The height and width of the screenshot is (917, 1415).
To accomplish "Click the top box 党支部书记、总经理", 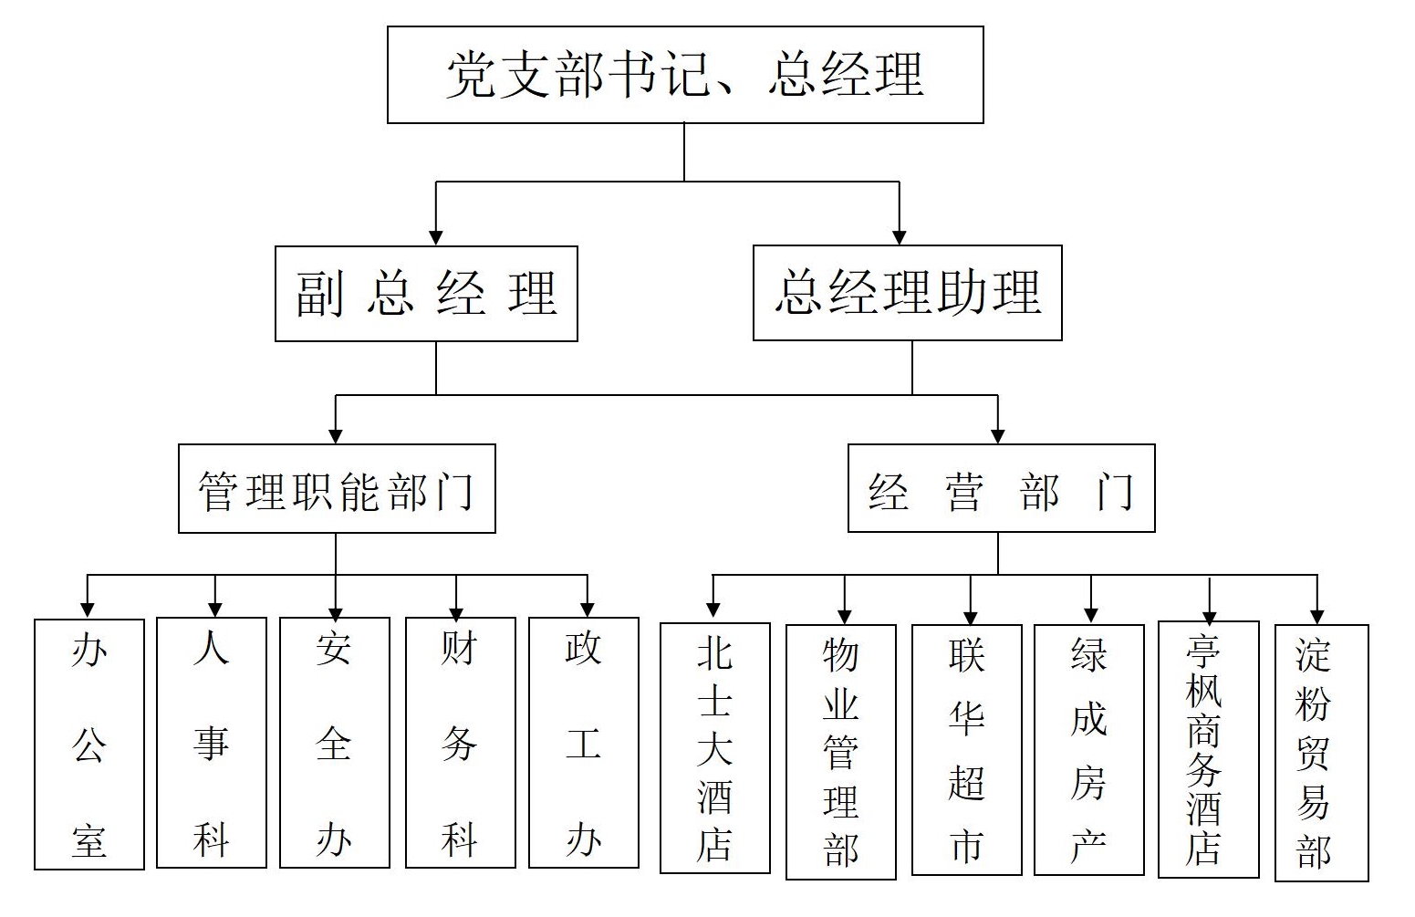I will point(685,75).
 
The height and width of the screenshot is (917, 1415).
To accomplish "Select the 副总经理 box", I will point(426,294).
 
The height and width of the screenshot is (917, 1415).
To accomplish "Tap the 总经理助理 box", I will point(907,293).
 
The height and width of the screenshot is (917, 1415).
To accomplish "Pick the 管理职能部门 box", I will point(337,489).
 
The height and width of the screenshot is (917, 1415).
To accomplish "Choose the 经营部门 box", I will point(1001,488).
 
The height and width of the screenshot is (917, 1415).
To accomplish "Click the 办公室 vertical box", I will point(89,744).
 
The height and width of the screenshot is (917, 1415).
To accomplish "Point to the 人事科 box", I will point(212,743).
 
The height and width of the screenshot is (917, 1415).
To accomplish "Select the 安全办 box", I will point(334,743).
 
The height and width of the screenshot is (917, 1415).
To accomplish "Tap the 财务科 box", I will point(460,743).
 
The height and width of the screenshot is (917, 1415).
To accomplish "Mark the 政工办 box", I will point(583,743).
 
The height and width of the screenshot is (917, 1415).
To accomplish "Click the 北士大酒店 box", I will point(714,748).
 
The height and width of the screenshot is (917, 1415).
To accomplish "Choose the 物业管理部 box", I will point(840,752).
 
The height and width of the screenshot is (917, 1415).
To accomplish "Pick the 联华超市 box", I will point(966,750).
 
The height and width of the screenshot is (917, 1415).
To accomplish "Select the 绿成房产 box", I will point(1088,750).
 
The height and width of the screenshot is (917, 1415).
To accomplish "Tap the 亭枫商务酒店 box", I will point(1208,749).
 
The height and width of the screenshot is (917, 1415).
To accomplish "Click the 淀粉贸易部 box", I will point(1321,753).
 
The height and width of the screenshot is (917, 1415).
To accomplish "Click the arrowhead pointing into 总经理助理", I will point(900,236).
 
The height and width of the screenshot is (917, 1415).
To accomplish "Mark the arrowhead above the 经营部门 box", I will point(998,435).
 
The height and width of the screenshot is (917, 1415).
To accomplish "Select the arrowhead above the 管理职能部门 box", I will point(336,435).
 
